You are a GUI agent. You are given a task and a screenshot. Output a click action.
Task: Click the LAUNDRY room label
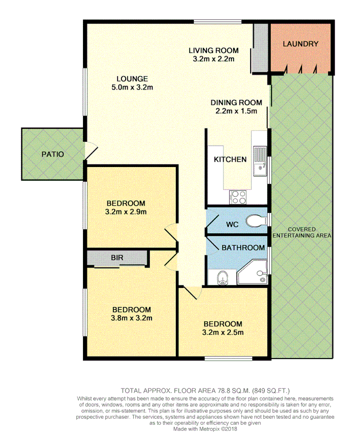(x=300, y=44)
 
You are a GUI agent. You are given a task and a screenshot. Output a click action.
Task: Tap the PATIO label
(x=53, y=154)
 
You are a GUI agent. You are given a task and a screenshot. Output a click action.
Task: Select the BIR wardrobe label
(x=117, y=258)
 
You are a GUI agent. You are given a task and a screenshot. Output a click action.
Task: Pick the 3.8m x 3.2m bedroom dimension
(x=131, y=318)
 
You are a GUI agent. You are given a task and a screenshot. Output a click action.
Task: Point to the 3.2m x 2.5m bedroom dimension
(x=223, y=332)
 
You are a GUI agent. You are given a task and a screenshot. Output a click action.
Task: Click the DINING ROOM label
(x=236, y=103)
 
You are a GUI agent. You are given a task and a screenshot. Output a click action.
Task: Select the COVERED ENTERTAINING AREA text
(x=301, y=232)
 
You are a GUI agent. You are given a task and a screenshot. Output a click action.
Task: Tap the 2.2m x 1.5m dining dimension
(x=236, y=111)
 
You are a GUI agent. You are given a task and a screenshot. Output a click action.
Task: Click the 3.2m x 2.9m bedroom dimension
(x=126, y=212)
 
